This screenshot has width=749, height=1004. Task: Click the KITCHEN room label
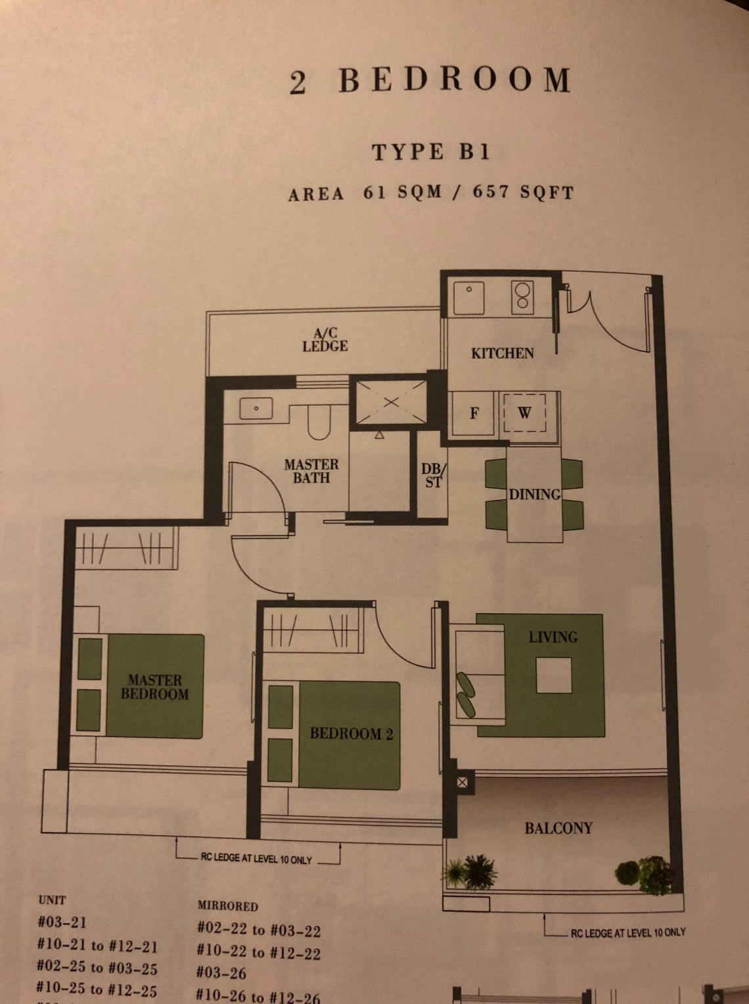[x=502, y=353]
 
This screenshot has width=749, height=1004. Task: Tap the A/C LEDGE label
[x=325, y=340]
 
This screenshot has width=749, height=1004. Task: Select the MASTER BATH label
[x=311, y=471]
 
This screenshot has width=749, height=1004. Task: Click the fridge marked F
[x=474, y=413]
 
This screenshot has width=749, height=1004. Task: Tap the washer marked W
[x=524, y=413]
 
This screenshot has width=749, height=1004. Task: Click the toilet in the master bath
[x=319, y=421]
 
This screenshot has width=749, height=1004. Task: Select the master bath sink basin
[x=256, y=409]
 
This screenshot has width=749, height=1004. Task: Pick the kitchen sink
[x=468, y=298]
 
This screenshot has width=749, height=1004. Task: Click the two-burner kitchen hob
[x=522, y=297]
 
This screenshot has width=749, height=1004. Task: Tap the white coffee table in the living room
[x=554, y=675]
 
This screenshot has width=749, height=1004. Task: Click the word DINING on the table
[x=535, y=495]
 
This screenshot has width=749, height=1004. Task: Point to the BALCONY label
[x=558, y=828]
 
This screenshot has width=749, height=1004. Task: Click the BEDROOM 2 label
[x=352, y=734]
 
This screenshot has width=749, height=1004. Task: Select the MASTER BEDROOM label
[x=154, y=687]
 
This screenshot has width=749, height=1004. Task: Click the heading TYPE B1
[x=431, y=152]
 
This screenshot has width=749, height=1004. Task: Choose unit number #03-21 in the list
[x=62, y=922]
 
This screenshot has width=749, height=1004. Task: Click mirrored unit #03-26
[x=221, y=972]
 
